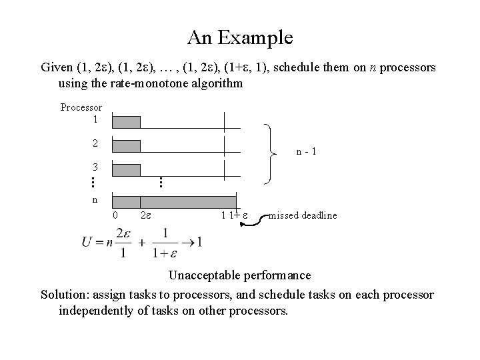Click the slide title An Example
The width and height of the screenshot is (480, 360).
tap(240, 37)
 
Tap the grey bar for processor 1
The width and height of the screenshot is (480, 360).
tap(127, 122)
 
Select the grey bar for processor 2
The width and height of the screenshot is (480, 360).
tap(127, 145)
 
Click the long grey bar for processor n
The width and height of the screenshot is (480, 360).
tap(175, 201)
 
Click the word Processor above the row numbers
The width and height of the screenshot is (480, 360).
tap(81, 107)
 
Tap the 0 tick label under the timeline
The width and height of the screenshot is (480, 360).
tap(115, 215)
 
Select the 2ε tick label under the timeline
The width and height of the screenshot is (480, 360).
tap(147, 215)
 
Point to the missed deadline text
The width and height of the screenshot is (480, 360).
tap(302, 215)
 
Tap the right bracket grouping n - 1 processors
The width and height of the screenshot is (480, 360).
tap(271, 153)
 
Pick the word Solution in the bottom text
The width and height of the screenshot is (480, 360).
tap(63, 294)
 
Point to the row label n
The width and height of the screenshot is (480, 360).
tap(95, 199)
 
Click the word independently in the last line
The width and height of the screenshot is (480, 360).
tap(99, 310)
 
